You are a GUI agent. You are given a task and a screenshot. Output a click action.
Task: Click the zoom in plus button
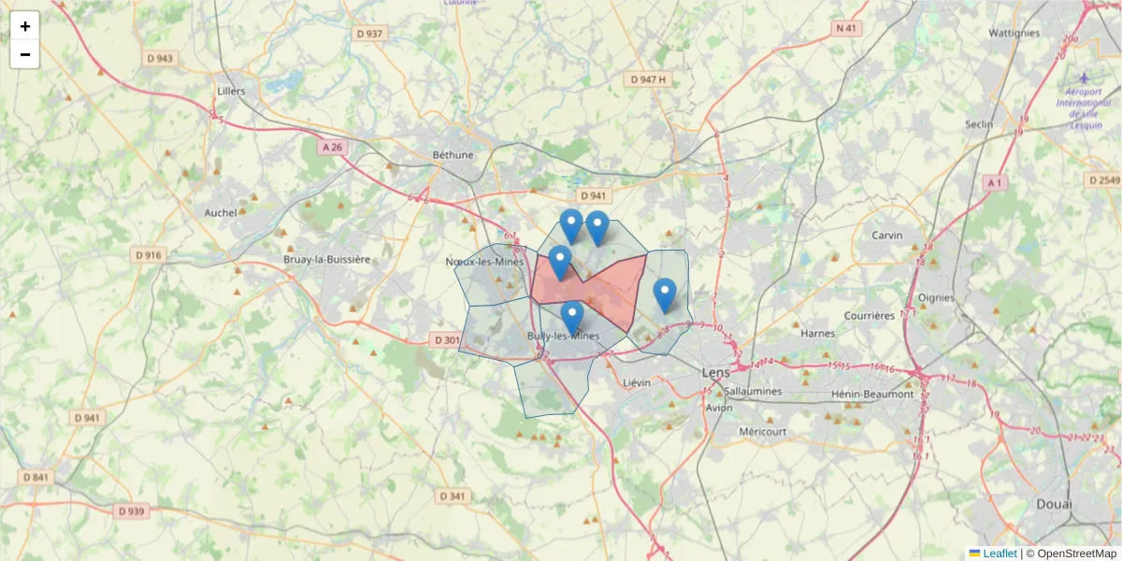pos(25,26)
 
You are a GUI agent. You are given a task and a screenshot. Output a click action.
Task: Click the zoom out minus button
pos(25,54)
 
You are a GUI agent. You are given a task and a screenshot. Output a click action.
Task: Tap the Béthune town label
pos(453,155)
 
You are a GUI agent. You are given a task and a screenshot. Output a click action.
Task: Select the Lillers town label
pos(230,92)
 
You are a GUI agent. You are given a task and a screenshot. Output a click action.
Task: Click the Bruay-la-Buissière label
pos(327,259)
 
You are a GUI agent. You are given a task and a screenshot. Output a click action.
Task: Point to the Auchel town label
pos(221,212)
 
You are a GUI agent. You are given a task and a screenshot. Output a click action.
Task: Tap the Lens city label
pos(716,372)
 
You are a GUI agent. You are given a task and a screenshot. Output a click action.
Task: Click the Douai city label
pos(1054,504)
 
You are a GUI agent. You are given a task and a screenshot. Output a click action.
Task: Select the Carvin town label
pos(886,236)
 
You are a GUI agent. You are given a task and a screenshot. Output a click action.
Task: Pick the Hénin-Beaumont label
pos(873,395)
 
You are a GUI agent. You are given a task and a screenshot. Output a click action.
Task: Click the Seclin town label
pos(979,124)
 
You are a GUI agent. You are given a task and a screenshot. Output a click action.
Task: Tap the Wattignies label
pos(1014,33)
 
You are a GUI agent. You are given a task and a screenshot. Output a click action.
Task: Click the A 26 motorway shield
pos(332,147)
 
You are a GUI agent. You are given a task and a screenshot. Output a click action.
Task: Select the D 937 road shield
pos(370,34)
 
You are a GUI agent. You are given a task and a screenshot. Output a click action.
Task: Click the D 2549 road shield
pos(1103,180)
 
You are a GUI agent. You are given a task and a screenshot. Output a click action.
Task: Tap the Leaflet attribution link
pos(999,554)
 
